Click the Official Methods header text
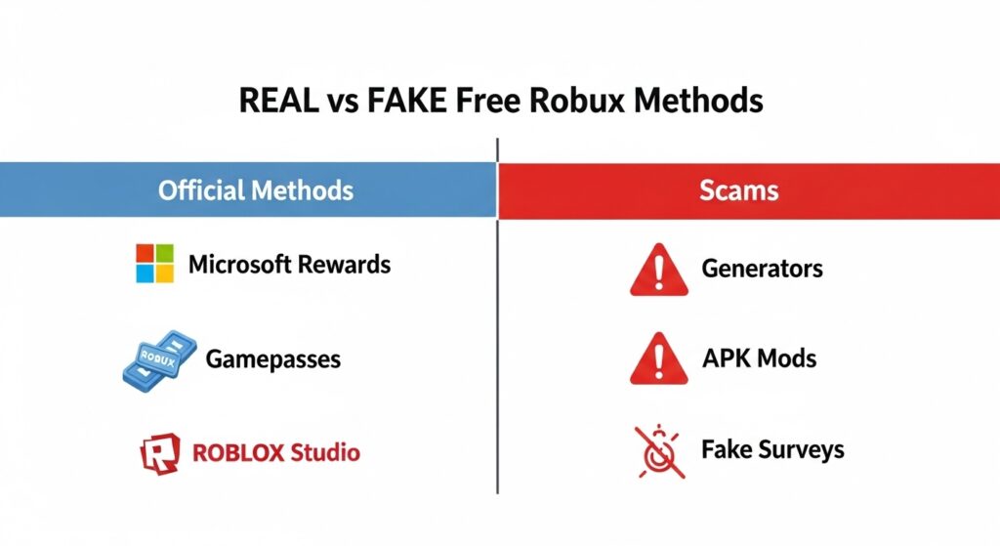click(x=256, y=189)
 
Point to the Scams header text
click(x=739, y=189)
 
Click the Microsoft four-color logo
click(x=154, y=264)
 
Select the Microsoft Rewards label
click(x=289, y=264)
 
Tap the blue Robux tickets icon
click(x=158, y=357)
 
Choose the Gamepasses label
click(x=272, y=358)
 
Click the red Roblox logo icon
click(x=159, y=452)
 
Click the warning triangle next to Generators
click(x=653, y=270)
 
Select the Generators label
click(x=762, y=268)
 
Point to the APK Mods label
click(x=759, y=358)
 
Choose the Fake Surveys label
click(x=772, y=449)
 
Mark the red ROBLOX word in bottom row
click(x=238, y=452)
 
